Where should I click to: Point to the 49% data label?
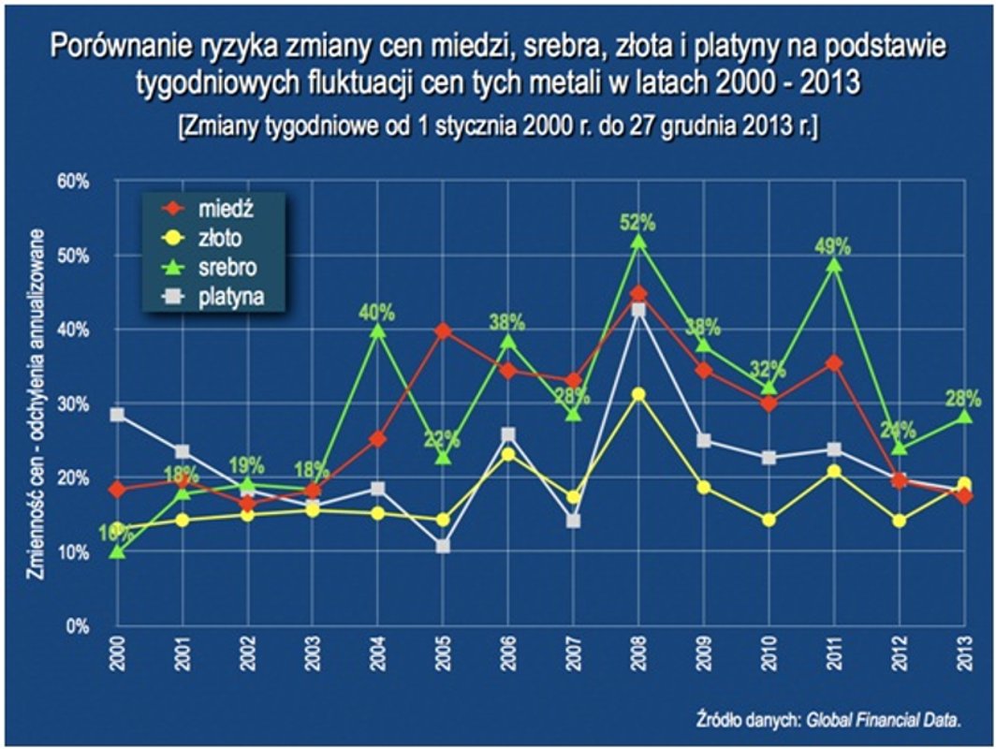[832, 246]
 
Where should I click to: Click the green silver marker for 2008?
[638, 242]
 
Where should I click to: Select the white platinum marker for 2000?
[117, 415]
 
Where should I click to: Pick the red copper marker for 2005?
[443, 331]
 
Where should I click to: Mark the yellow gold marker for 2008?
[638, 395]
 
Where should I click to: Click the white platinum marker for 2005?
[443, 546]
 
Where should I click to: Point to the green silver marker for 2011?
[833, 265]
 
